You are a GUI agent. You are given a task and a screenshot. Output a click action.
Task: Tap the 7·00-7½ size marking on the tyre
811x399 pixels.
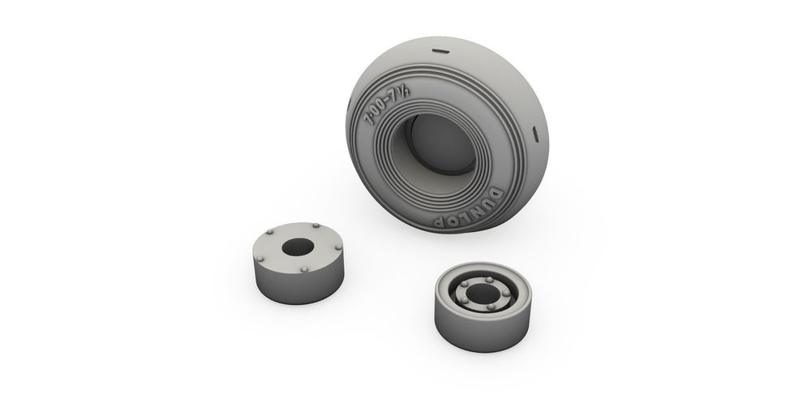point(387,105)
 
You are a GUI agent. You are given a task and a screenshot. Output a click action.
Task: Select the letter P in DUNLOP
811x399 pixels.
point(439,221)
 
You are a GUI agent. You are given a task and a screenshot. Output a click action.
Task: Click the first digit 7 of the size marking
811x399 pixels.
point(369,120)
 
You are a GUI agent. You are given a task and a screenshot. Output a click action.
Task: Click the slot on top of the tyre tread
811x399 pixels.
point(441,52)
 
